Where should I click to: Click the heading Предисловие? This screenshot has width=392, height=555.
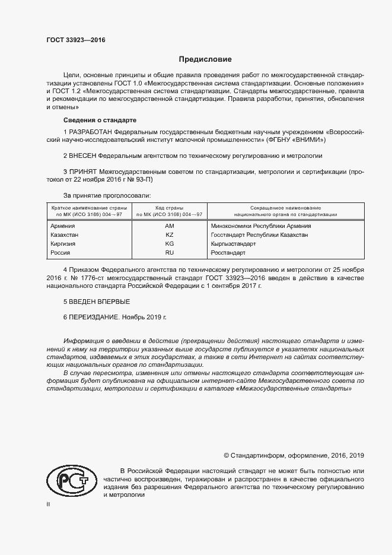coord(206,59)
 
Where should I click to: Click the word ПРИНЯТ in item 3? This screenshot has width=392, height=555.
coord(83,172)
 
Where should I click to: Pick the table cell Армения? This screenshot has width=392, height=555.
coord(63,226)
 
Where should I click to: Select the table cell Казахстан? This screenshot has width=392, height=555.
coord(65,235)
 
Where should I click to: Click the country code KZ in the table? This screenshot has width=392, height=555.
coord(169,235)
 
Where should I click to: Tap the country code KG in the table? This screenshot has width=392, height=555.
coord(169,244)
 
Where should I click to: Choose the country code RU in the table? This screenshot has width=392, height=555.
coord(169,253)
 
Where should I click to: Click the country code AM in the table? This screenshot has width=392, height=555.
coord(169,226)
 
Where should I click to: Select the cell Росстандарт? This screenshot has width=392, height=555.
coord(228,253)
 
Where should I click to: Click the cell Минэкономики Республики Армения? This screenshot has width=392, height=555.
coord(261,226)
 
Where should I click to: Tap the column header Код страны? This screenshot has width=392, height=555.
coord(169,208)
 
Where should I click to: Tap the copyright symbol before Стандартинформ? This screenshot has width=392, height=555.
coord(226,456)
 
